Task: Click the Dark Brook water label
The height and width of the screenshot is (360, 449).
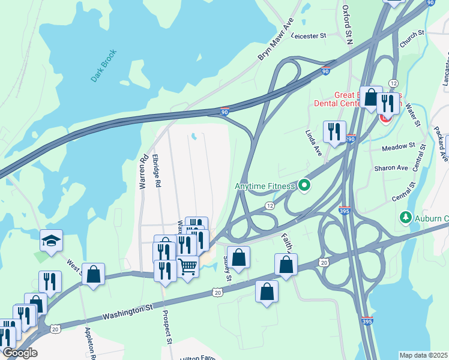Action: click(103, 66)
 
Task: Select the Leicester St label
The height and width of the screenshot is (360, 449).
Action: click(308, 35)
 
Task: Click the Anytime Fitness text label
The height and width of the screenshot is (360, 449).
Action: click(265, 186)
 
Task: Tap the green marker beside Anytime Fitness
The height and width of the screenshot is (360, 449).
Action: click(304, 186)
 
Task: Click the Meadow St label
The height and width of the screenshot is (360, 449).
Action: click(399, 146)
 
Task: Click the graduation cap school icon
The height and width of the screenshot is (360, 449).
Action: click(52, 241)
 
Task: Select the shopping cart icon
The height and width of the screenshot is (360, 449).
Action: click(188, 266)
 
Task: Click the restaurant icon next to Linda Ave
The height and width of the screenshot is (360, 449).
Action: click(334, 131)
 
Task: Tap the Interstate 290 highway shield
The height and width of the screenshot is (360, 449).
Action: click(351, 139)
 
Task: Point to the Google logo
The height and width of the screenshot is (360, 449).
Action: click(20, 353)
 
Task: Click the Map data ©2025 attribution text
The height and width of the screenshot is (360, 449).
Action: click(423, 355)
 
